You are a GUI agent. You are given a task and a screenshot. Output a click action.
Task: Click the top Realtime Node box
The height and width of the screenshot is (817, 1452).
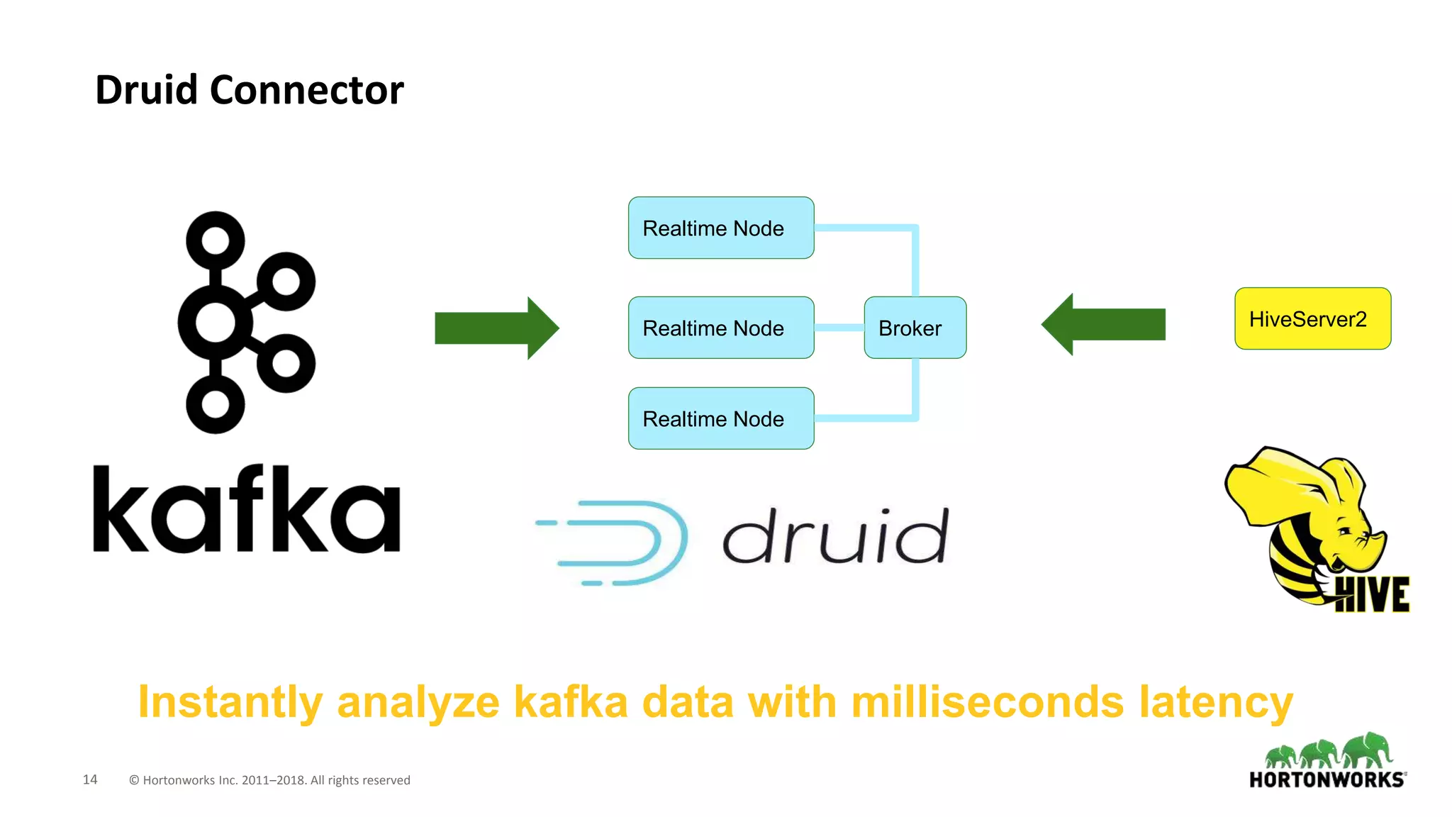pos(720,228)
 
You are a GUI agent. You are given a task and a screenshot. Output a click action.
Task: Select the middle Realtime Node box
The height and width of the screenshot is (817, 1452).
pos(720,328)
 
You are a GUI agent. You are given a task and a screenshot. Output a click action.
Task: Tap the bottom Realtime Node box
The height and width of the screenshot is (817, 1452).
pos(720,418)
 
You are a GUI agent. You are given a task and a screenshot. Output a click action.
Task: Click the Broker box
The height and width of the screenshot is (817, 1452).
pos(915,328)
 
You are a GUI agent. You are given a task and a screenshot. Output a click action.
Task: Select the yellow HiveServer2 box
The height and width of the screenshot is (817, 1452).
pos(1312,318)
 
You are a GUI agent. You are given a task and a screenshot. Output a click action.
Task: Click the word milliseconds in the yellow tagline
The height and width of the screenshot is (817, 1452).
pos(987,702)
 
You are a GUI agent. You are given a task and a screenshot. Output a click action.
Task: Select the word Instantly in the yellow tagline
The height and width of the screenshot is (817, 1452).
pos(230,702)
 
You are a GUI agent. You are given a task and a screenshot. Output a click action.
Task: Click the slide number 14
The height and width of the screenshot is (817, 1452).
pos(90,779)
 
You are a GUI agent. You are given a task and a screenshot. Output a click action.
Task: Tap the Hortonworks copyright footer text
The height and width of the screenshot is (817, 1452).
pos(269,780)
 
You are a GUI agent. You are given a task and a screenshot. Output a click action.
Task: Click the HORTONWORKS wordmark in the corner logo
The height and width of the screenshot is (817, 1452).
pos(1327,780)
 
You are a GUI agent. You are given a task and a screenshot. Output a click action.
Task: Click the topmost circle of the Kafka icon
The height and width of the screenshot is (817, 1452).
pos(215,240)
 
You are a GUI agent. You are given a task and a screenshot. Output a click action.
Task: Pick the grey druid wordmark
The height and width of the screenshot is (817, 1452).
pos(835,537)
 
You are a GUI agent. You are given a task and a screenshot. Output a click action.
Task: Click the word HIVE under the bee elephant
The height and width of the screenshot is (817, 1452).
pos(1371,594)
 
